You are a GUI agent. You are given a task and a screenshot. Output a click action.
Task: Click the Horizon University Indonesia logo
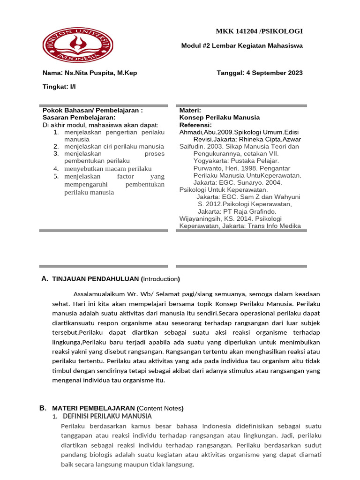point(78,45)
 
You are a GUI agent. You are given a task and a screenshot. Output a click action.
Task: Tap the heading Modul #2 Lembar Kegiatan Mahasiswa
point(242,45)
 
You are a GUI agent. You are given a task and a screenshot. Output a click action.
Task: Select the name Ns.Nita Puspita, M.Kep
point(101,73)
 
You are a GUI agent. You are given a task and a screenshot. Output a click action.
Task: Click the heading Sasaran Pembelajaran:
point(79,117)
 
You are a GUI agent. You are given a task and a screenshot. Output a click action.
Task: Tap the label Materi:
point(190,110)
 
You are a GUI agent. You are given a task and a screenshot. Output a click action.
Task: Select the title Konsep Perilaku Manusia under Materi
point(219,117)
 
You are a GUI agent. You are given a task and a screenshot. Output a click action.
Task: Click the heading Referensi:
point(195,125)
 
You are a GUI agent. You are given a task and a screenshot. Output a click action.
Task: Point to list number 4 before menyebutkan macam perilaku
point(55,169)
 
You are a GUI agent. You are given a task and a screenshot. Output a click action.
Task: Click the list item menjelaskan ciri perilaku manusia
point(114,146)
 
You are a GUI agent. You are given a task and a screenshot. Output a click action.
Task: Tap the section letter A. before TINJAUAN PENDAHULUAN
point(45,279)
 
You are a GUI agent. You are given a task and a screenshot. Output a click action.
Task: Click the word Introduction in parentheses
point(161,279)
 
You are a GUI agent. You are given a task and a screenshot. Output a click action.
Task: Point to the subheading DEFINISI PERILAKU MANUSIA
point(107,416)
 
